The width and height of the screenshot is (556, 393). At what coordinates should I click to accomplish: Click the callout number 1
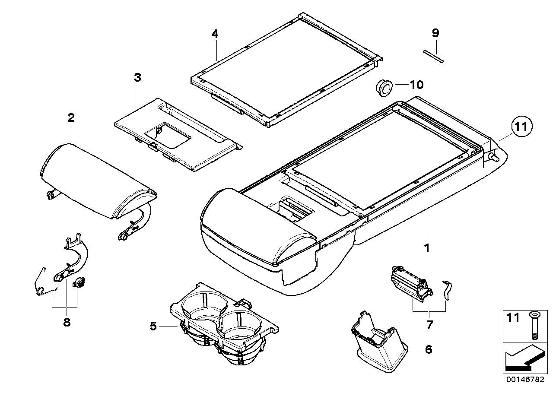(427, 248)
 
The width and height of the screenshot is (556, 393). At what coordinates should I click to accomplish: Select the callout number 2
(71, 117)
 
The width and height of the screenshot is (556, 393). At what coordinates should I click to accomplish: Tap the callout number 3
(137, 78)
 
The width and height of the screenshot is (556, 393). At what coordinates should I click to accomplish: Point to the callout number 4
(215, 33)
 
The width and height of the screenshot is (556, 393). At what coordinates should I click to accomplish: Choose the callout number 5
(153, 326)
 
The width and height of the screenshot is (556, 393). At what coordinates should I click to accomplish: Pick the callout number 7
(429, 325)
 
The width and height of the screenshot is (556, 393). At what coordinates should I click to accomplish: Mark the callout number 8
(67, 323)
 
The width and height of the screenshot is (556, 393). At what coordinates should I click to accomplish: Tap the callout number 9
(435, 32)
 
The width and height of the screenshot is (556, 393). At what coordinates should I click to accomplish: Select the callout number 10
(417, 85)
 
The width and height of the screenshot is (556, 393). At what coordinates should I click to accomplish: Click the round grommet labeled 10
(383, 87)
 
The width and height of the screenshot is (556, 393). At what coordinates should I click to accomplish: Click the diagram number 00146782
(522, 380)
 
